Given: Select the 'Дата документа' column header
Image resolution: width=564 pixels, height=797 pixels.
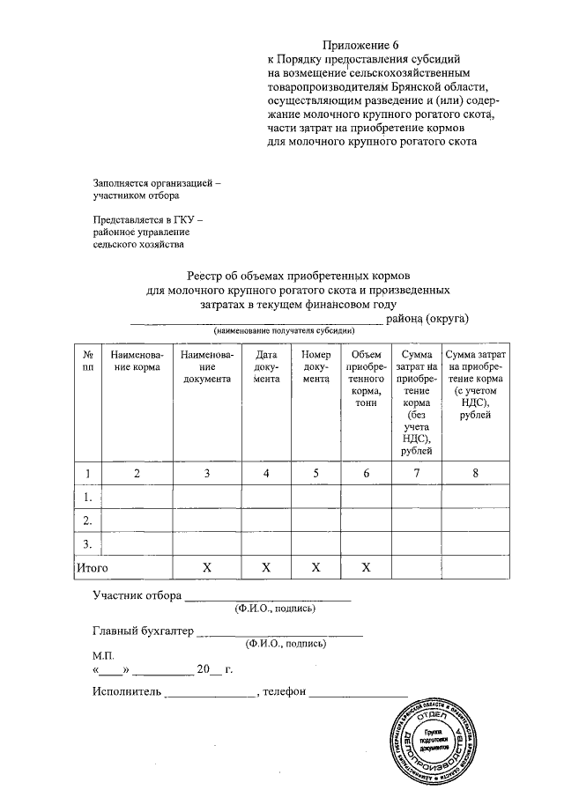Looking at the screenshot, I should pyautogui.click(x=265, y=365).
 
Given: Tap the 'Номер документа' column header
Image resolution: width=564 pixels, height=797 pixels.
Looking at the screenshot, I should pyautogui.click(x=315, y=365).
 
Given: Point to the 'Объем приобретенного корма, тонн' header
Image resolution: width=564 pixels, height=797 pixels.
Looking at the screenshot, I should pyautogui.click(x=365, y=378).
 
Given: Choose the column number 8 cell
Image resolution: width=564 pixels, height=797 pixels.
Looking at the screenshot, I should pyautogui.click(x=475, y=473).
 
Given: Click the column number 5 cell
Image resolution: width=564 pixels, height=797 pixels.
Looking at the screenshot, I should pyautogui.click(x=315, y=473).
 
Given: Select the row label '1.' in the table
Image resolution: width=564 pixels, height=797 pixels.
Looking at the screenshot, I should pyautogui.click(x=87, y=497).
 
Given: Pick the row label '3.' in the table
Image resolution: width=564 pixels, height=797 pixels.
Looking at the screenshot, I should pyautogui.click(x=87, y=543).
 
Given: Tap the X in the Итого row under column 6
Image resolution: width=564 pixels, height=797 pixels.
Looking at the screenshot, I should pyautogui.click(x=365, y=568).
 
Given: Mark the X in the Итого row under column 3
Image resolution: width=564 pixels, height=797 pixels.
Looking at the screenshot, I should pyautogui.click(x=206, y=568).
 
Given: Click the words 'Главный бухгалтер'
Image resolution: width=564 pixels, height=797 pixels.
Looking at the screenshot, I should pyautogui.click(x=142, y=631).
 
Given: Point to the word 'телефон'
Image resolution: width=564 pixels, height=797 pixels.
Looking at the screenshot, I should pyautogui.click(x=285, y=691).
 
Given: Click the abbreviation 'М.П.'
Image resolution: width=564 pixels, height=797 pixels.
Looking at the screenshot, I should pyautogui.click(x=104, y=656).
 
